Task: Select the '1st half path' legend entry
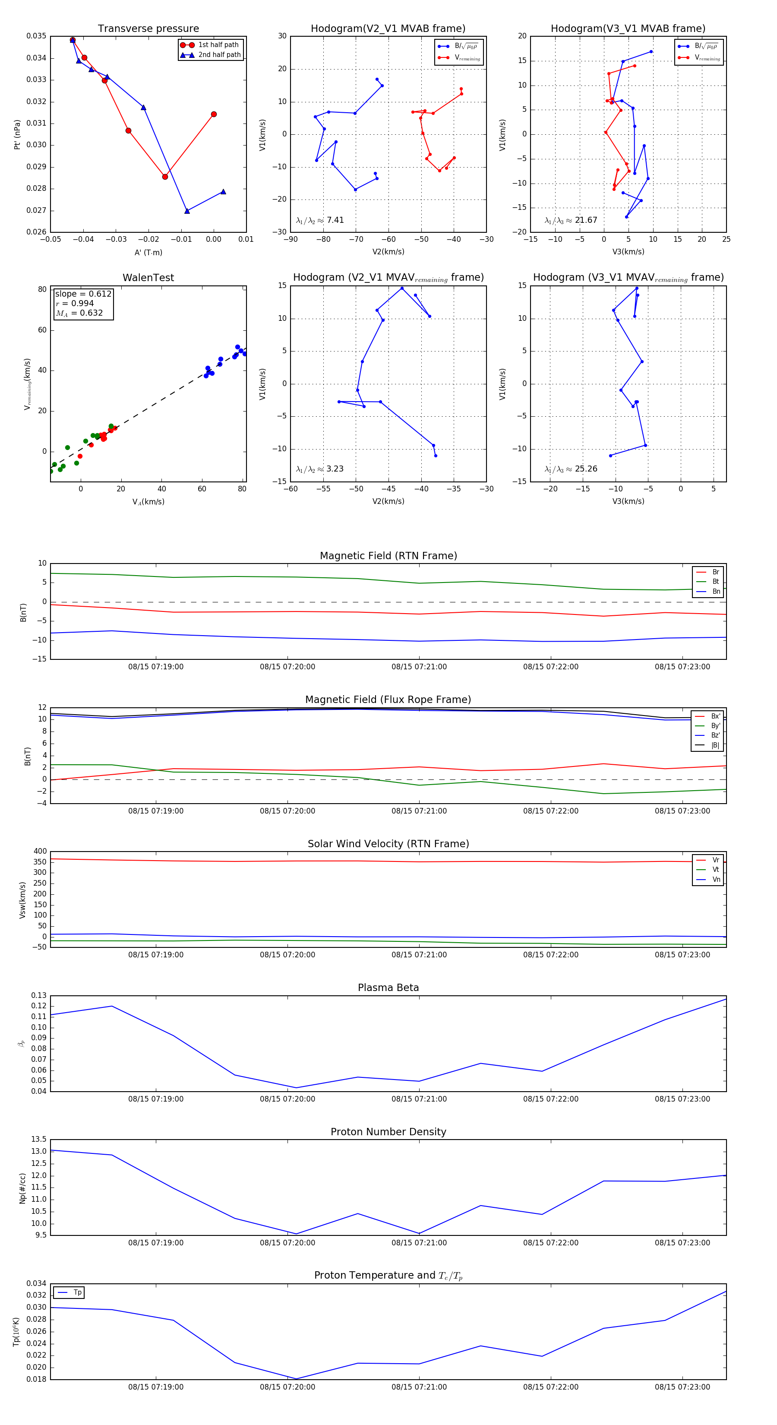coord(218,45)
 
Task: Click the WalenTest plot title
coord(148,278)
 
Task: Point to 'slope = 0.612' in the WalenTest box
coord(83,294)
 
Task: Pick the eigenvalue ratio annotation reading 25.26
coord(571,469)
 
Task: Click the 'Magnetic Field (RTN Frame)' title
coord(388,556)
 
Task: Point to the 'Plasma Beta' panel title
coord(388,988)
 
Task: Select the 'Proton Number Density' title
coord(388,1132)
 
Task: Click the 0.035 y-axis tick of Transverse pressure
coord(37,36)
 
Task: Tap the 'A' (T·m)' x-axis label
coord(148,252)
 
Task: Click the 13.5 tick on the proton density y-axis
coord(39,1140)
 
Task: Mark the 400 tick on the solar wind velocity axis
coord(40,852)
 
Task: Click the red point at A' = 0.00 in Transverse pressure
coord(214,114)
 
